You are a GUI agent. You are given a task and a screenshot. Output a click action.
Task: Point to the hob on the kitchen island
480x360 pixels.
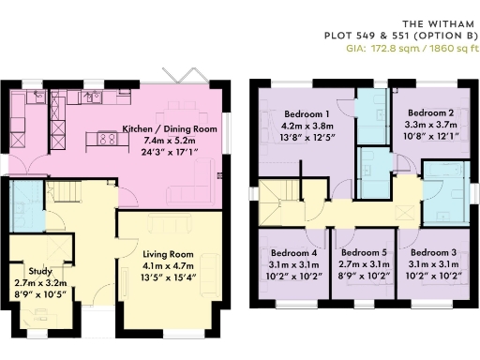pos(106,141)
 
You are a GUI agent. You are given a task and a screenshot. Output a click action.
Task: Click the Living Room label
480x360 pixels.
pos(168,253)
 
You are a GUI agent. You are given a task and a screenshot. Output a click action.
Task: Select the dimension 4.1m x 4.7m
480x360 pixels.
pos(168,264)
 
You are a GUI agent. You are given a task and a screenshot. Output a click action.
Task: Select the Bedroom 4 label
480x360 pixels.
pos(293,253)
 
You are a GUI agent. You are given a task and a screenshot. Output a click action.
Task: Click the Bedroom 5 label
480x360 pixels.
pos(363,253)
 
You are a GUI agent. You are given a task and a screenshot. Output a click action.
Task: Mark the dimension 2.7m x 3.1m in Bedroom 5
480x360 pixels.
pos(363,264)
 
